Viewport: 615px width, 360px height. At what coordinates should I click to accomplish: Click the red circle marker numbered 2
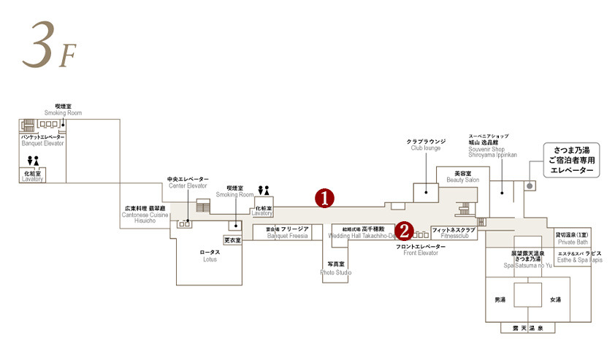click(404, 232)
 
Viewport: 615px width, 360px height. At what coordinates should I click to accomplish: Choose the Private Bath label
click(572, 237)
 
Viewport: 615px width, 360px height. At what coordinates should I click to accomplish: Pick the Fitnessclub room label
click(454, 233)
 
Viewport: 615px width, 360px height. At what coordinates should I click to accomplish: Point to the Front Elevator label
click(420, 250)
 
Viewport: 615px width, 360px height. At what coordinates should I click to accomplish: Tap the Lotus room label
click(210, 255)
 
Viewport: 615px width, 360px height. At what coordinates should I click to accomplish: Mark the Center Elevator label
click(188, 182)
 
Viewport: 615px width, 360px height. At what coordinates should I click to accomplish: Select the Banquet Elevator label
click(43, 140)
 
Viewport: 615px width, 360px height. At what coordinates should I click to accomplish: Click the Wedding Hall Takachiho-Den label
click(362, 232)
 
